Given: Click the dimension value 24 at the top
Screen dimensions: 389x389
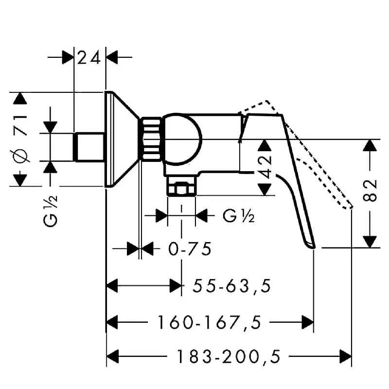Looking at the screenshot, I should (89, 58).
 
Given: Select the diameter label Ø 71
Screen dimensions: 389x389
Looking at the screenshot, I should (20, 139).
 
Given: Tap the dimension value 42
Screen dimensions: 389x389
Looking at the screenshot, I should (265, 167).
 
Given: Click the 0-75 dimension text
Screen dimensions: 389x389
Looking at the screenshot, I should (190, 249).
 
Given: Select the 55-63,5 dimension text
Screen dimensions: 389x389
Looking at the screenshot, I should (231, 286).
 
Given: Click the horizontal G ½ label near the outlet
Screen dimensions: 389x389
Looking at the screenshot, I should (238, 215).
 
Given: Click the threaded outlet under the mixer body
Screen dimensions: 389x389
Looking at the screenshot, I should (181, 188).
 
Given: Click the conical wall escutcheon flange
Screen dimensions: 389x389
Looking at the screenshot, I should (122, 139).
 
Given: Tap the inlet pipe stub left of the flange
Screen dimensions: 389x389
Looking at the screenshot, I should (89, 146).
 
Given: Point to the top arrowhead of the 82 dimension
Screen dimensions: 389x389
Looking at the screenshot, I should (371, 146).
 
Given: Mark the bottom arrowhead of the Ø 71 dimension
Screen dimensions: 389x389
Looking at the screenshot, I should (20, 179).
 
